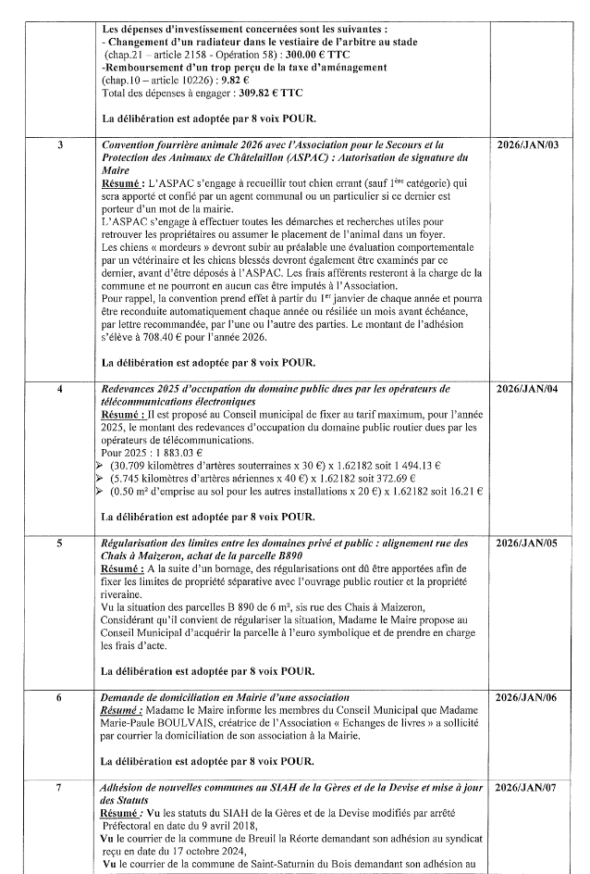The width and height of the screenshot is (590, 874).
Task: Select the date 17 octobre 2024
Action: click(214, 851)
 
